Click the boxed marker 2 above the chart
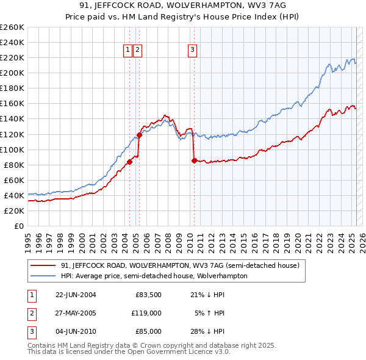(138, 51)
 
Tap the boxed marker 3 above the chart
(193, 51)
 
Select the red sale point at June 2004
(129, 162)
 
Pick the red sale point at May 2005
(139, 135)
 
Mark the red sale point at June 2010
(194, 161)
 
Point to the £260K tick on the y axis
(12, 27)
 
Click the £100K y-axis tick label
(12, 149)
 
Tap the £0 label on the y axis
(18, 226)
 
